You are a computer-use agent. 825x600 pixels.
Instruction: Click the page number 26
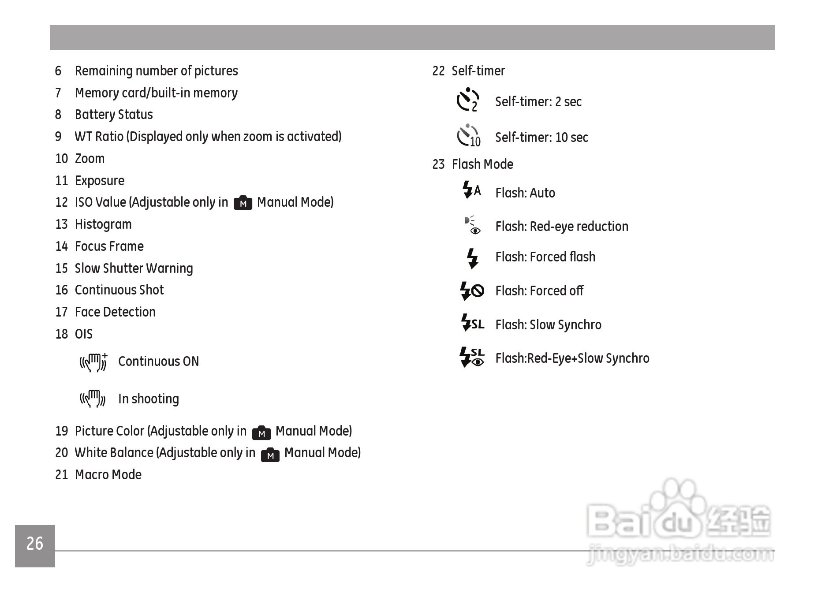tap(35, 544)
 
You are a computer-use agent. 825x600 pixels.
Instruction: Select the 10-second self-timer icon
tap(468, 136)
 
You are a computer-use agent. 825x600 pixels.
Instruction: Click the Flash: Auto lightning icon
tap(471, 190)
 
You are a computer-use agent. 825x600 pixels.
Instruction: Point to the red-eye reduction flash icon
tap(472, 225)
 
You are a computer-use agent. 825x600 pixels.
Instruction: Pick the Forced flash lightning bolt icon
tap(472, 258)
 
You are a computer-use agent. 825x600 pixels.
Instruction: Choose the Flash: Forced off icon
tap(472, 291)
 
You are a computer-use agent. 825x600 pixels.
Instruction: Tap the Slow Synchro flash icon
tap(472, 323)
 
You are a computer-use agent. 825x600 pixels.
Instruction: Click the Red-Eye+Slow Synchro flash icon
tap(472, 358)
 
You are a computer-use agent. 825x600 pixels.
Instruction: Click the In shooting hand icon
tap(92, 399)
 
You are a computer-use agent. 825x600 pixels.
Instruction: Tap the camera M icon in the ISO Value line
tap(243, 203)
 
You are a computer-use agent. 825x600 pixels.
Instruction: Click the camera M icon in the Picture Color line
tap(261, 432)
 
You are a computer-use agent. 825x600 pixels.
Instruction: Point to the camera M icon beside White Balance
tap(270, 455)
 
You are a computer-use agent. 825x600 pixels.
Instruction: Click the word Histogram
tap(103, 224)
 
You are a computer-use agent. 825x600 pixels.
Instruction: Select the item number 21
tap(62, 475)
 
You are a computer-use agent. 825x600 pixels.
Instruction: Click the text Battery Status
tap(114, 115)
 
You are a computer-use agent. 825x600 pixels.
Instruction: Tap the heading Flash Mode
tap(482, 164)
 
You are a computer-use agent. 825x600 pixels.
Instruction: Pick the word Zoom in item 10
tap(90, 159)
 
